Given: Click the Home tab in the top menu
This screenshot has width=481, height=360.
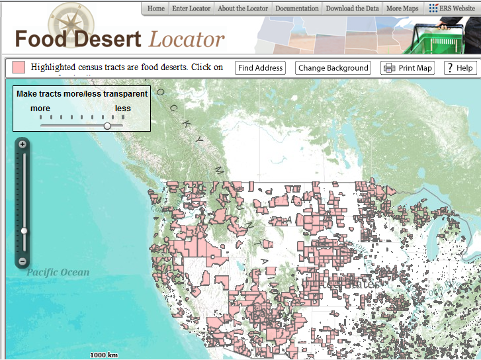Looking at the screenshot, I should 156,9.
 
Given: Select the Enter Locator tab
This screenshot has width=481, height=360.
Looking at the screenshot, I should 191,9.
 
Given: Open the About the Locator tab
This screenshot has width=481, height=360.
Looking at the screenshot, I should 243,9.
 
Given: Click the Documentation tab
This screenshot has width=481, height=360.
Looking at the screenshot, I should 297,9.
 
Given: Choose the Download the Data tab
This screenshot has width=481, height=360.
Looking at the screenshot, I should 352,9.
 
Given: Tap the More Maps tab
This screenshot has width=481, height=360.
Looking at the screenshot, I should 402,9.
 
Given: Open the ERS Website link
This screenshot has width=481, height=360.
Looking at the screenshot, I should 452,9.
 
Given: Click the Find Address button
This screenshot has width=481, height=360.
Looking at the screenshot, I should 261,67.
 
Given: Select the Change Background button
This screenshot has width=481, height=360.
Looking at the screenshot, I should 333,67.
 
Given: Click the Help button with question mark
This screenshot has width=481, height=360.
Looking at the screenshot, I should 459,67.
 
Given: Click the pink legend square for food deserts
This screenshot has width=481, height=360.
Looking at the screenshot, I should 19,67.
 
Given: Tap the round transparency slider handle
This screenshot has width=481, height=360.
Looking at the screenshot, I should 107,125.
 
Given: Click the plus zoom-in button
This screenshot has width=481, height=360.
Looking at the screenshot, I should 22,144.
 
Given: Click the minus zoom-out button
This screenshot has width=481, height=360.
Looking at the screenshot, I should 22,261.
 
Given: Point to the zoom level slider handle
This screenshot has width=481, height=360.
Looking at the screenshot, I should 24,231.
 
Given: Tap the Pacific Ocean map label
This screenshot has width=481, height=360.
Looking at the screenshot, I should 58,272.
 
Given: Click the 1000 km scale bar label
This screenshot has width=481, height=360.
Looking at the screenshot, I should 104,355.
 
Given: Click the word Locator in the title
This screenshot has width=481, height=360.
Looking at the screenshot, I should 187,39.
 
